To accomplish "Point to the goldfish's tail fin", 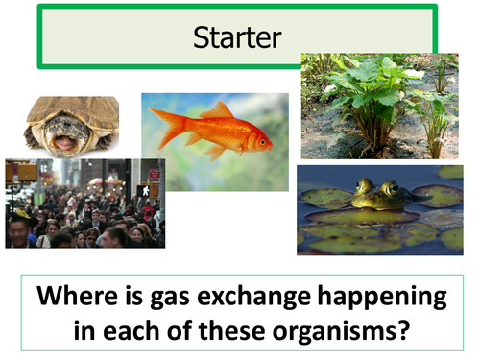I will pos(166,124).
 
